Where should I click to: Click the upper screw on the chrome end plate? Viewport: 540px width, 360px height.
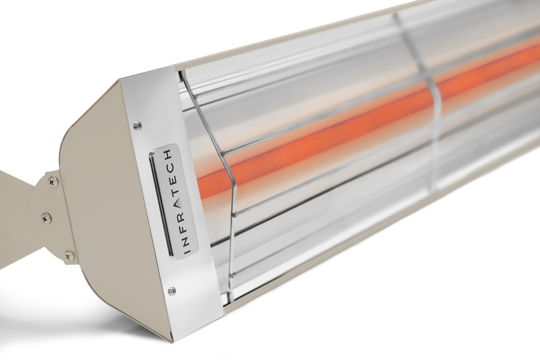coord(138,125)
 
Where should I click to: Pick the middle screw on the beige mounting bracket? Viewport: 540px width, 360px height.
coord(47,218)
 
